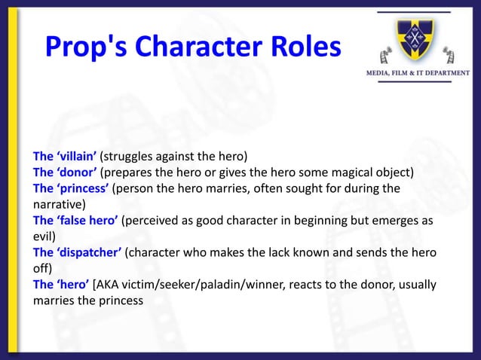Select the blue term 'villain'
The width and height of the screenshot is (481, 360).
(x=75, y=157)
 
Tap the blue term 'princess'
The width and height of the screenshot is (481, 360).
(x=81, y=188)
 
